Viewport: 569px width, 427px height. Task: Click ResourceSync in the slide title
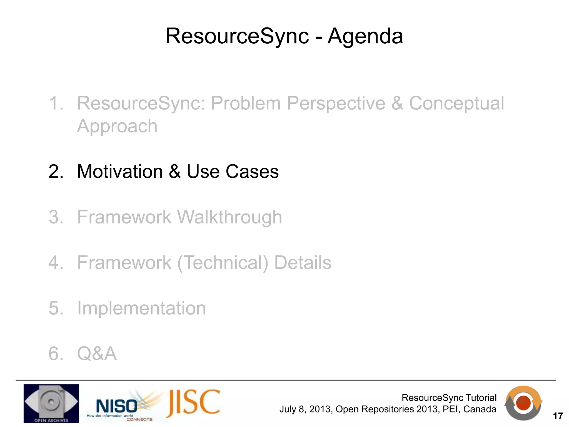[237, 36]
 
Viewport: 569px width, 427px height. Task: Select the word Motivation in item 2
[120, 172]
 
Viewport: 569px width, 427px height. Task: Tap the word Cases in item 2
[252, 172]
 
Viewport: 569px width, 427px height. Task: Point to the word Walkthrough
[229, 217]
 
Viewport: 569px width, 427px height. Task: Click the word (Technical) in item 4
[223, 263]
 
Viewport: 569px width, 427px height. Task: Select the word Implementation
[141, 308]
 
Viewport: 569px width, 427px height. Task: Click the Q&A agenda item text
[97, 354]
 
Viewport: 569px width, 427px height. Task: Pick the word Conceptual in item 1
[456, 103]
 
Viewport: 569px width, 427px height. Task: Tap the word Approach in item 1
[117, 126]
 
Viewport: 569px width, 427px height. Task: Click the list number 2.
[56, 172]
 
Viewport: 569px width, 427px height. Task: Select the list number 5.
[56, 308]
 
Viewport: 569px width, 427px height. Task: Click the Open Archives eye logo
[51, 403]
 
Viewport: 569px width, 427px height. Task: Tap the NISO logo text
[116, 406]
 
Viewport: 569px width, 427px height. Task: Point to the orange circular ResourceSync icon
[523, 403]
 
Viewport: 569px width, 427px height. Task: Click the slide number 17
[558, 416]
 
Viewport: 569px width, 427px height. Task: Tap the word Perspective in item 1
[336, 103]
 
